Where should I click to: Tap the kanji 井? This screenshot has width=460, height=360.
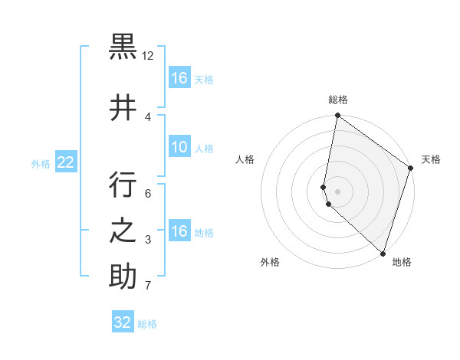(123, 107)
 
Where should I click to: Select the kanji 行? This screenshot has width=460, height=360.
(123, 185)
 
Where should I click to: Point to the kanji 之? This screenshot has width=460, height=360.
(123, 231)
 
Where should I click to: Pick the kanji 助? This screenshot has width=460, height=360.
(123, 277)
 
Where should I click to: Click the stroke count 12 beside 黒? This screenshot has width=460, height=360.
(148, 56)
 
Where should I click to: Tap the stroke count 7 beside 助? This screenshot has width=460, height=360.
(148, 286)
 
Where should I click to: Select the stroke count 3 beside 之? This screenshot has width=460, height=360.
(148, 241)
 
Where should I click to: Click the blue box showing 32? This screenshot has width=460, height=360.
(123, 322)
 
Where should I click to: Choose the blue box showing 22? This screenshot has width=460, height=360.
(65, 162)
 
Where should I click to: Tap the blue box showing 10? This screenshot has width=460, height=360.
(179, 147)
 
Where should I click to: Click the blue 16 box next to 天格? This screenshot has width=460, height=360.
(179, 78)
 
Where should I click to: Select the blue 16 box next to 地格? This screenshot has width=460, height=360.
(179, 231)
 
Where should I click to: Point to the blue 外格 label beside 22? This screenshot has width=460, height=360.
(40, 163)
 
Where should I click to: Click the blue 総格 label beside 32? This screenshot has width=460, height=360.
(147, 324)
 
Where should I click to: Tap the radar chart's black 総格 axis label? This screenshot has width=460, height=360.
(338, 100)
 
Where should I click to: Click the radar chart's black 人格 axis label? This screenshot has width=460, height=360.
(245, 159)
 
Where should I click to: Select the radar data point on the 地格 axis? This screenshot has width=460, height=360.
(383, 254)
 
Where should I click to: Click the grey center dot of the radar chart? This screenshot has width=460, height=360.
(338, 191)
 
